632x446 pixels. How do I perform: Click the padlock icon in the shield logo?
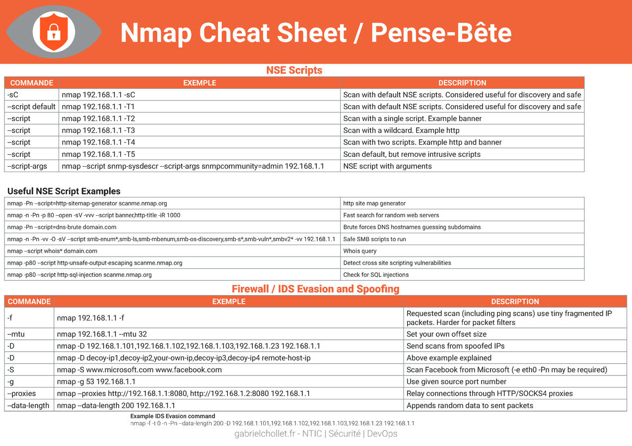53,33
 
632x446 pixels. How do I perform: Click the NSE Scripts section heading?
294,70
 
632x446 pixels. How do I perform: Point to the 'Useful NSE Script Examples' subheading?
64,191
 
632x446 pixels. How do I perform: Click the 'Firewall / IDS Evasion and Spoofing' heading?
315,289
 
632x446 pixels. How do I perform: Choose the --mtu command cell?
29,334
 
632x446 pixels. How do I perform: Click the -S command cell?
29,370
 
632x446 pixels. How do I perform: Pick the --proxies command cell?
29,394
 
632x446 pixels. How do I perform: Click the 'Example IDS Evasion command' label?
173,416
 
